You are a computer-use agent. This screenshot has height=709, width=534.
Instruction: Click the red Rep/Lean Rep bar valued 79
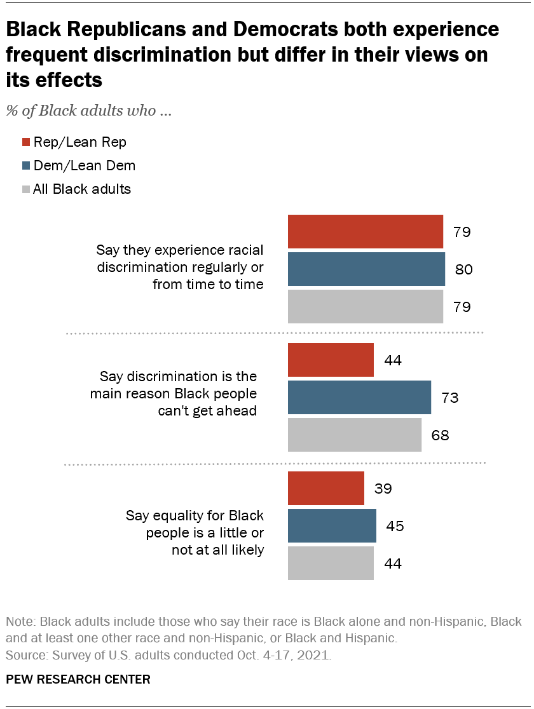coord(366,232)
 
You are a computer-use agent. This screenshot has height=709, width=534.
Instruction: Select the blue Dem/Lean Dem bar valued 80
coord(366,269)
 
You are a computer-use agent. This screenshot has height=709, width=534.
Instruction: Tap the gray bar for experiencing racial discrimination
coord(366,307)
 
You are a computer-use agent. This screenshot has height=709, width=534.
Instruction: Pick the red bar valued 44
coord(331,360)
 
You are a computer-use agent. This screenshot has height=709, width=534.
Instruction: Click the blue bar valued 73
coord(359,398)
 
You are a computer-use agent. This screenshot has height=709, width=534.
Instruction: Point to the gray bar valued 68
coord(355,435)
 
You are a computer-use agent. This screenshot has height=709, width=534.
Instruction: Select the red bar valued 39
coord(326,489)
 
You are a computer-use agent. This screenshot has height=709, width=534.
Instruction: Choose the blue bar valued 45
coord(332,526)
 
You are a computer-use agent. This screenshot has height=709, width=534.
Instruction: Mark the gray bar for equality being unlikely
coord(331,564)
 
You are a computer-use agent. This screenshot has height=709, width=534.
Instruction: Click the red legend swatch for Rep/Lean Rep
coord(26,142)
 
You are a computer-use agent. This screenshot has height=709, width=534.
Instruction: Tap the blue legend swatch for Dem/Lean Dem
coord(26,166)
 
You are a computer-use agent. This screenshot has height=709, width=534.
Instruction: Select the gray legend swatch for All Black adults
coord(26,189)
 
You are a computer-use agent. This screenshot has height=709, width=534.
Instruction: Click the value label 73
coord(449,398)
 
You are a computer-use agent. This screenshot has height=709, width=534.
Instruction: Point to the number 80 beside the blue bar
coord(463,270)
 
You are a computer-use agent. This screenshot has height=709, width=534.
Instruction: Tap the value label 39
coord(383,489)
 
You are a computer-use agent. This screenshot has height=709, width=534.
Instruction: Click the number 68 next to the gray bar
coord(440,436)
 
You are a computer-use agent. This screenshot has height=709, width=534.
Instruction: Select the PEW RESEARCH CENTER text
coord(78,680)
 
